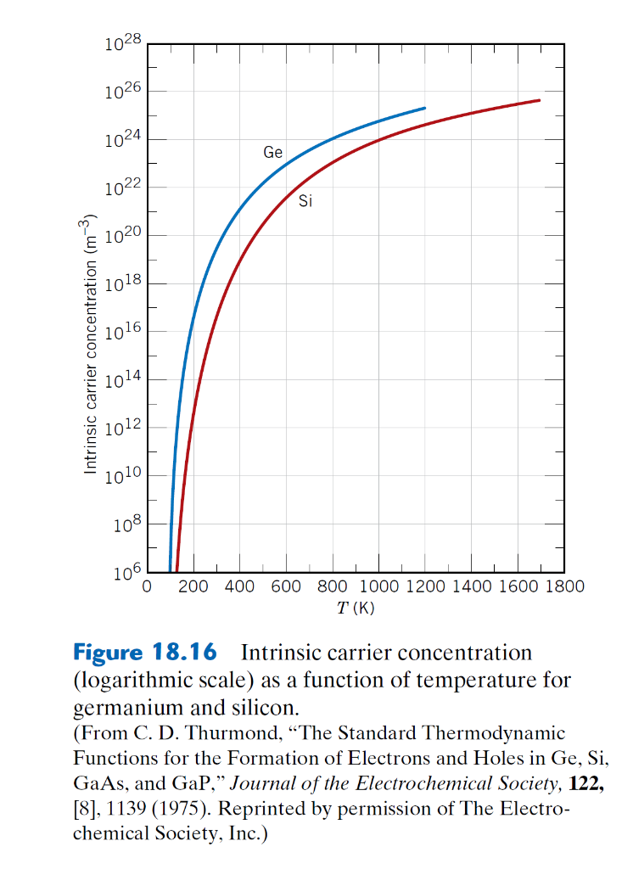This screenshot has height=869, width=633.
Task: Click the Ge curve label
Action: click(x=272, y=153)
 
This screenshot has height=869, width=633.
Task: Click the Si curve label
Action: click(x=305, y=202)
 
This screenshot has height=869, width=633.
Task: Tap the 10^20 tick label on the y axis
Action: click(x=123, y=238)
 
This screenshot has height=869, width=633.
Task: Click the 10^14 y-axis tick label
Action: click(x=123, y=381)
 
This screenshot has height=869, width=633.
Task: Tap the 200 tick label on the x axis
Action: click(x=193, y=586)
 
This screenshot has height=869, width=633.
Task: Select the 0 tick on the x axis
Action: click(x=147, y=586)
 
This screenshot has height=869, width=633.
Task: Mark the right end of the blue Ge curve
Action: click(x=424, y=109)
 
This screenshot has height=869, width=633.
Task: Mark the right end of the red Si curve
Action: click(x=540, y=101)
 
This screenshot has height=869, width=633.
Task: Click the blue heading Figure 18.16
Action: click(x=145, y=653)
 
